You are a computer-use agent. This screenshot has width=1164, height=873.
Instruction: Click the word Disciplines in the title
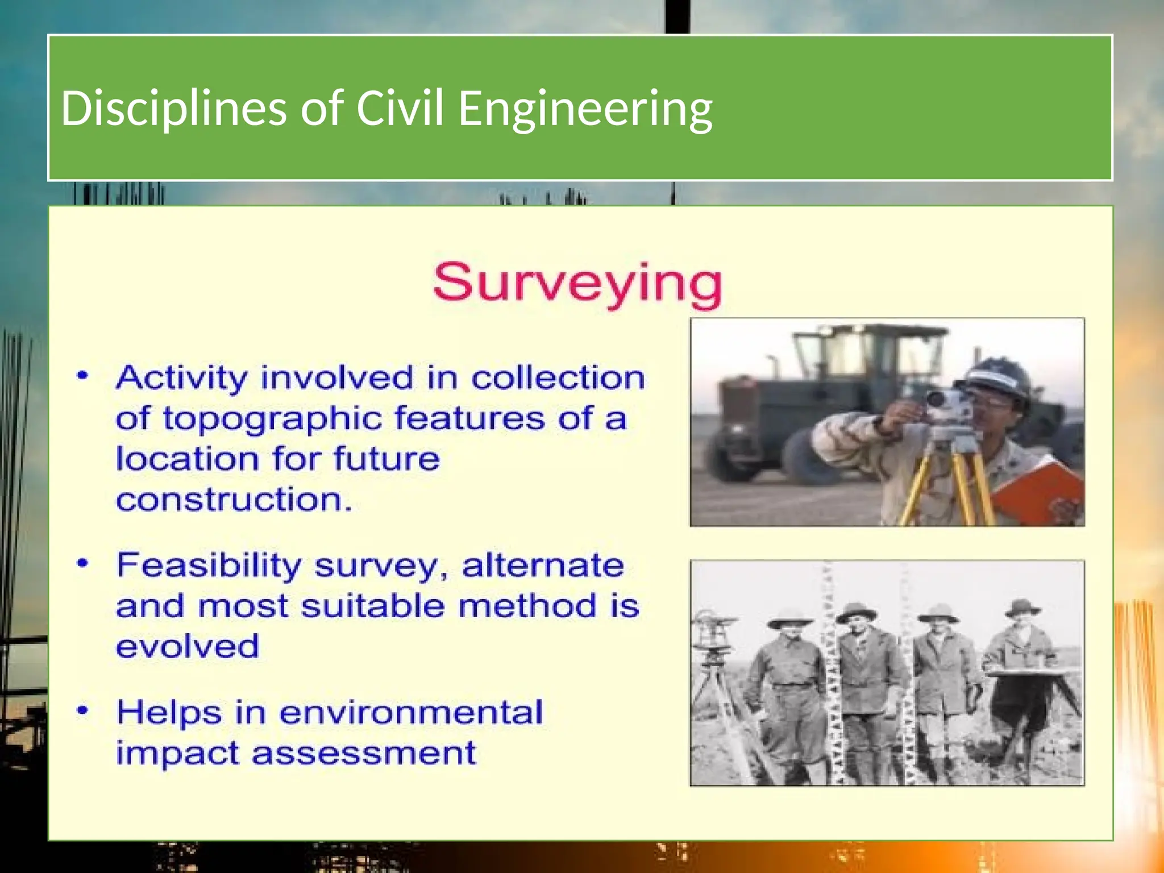173,108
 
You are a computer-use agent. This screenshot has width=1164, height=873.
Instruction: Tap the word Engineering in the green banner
585,109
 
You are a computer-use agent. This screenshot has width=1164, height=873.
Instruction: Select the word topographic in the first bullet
272,419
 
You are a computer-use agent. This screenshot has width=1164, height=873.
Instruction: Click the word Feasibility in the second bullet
209,566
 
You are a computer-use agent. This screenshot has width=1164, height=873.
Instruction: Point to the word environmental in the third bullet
411,712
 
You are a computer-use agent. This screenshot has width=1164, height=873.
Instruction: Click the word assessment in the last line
364,753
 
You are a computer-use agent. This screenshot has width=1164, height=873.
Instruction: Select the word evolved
188,646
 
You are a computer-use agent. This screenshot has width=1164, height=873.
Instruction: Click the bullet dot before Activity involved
83,376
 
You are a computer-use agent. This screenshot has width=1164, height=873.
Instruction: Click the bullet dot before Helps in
83,710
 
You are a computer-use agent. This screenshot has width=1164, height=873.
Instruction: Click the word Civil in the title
399,108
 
